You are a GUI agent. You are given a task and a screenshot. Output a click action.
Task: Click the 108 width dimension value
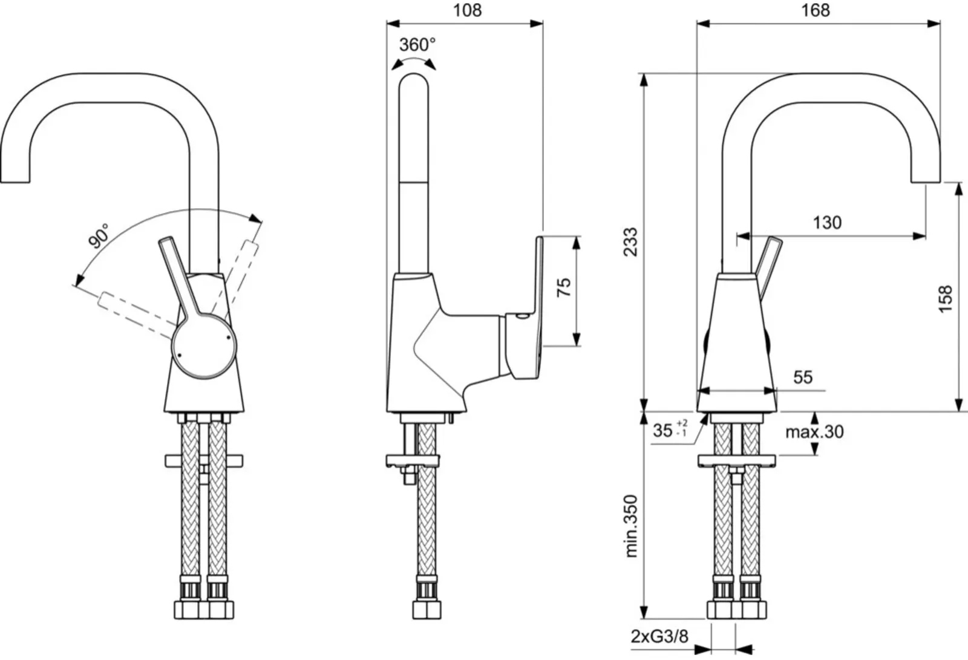pos(467,10)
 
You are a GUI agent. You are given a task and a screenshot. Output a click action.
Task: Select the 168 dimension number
pos(816,10)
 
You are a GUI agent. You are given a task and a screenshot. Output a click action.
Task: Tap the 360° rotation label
pos(417,45)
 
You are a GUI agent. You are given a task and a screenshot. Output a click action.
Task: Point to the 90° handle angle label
pos(99,235)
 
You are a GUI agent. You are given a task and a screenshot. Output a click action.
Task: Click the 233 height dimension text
pos(631,242)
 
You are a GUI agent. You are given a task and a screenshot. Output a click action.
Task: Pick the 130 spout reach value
pos(827,223)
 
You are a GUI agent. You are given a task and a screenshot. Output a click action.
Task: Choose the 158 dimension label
pos(945,299)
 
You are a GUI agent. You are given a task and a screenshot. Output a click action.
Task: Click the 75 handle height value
pos(563,287)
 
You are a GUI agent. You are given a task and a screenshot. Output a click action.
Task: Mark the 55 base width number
pos(803,377)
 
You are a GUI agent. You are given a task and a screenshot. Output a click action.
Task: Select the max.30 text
pos(814,432)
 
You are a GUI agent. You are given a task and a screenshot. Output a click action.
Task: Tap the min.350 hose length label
pos(631,526)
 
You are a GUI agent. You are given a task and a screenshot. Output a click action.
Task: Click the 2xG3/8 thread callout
pos(659,636)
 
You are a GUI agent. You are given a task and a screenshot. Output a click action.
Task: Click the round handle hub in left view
pos(204,346)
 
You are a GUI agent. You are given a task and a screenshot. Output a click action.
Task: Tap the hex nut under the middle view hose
pos(427,610)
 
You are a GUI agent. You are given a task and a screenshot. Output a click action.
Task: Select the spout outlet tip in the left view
pos(15,182)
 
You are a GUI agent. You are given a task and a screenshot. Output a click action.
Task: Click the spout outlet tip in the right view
pos(926,182)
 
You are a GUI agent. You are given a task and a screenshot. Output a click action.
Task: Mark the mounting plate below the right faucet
pos(736,461)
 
